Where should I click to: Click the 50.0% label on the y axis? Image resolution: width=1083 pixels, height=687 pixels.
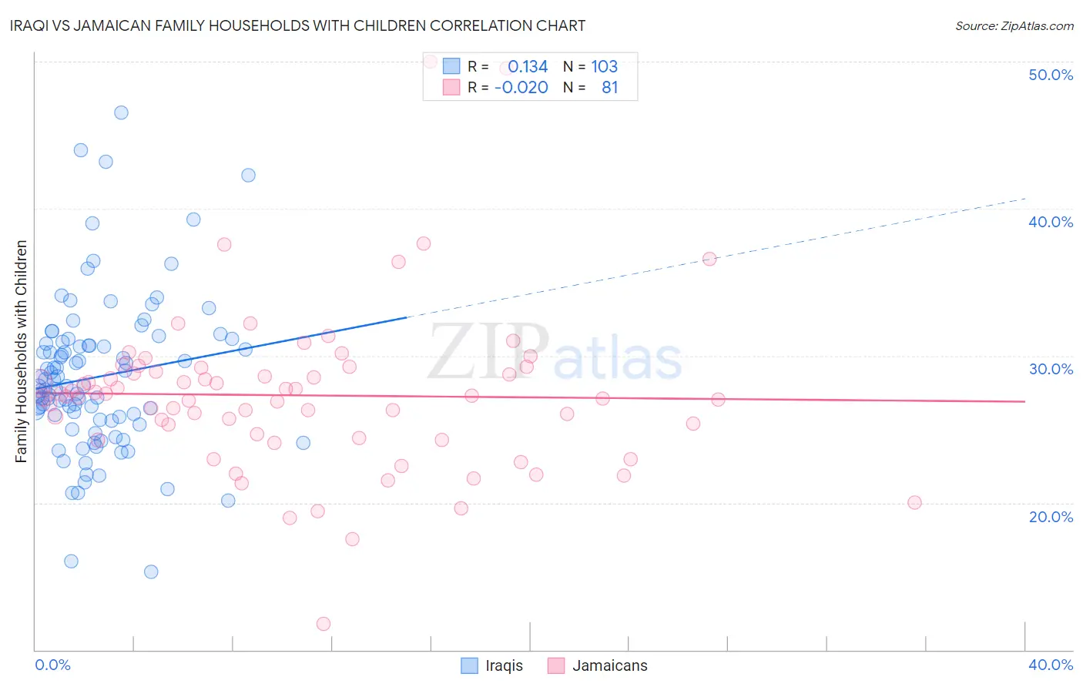point(1051,75)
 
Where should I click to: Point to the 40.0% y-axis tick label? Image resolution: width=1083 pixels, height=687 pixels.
point(1051,222)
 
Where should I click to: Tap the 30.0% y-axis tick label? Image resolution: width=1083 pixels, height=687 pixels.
point(1051,369)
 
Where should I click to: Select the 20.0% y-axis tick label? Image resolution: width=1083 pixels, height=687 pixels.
point(1051,517)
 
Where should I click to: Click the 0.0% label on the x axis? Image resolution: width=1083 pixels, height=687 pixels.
point(52,665)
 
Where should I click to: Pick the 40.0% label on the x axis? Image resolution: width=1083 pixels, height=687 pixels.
point(1051,665)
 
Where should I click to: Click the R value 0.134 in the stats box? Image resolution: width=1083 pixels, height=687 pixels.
point(528,67)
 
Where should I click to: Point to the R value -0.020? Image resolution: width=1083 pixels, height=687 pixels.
point(521,88)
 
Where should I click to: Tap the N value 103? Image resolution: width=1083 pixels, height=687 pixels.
point(604,67)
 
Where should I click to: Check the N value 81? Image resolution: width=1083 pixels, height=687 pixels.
point(609,88)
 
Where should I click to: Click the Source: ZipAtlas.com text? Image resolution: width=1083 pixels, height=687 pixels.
point(1014,26)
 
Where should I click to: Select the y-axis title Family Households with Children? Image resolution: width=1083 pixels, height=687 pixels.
point(22,351)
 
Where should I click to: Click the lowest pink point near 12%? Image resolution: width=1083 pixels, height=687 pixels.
point(324,624)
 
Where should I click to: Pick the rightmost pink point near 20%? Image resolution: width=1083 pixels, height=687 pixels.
point(914,502)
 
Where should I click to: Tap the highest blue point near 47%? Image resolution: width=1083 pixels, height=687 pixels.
point(121,112)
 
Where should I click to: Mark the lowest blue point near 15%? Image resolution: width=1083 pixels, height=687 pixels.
point(151,571)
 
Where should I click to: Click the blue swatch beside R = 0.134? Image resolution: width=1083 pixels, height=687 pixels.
point(451,67)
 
